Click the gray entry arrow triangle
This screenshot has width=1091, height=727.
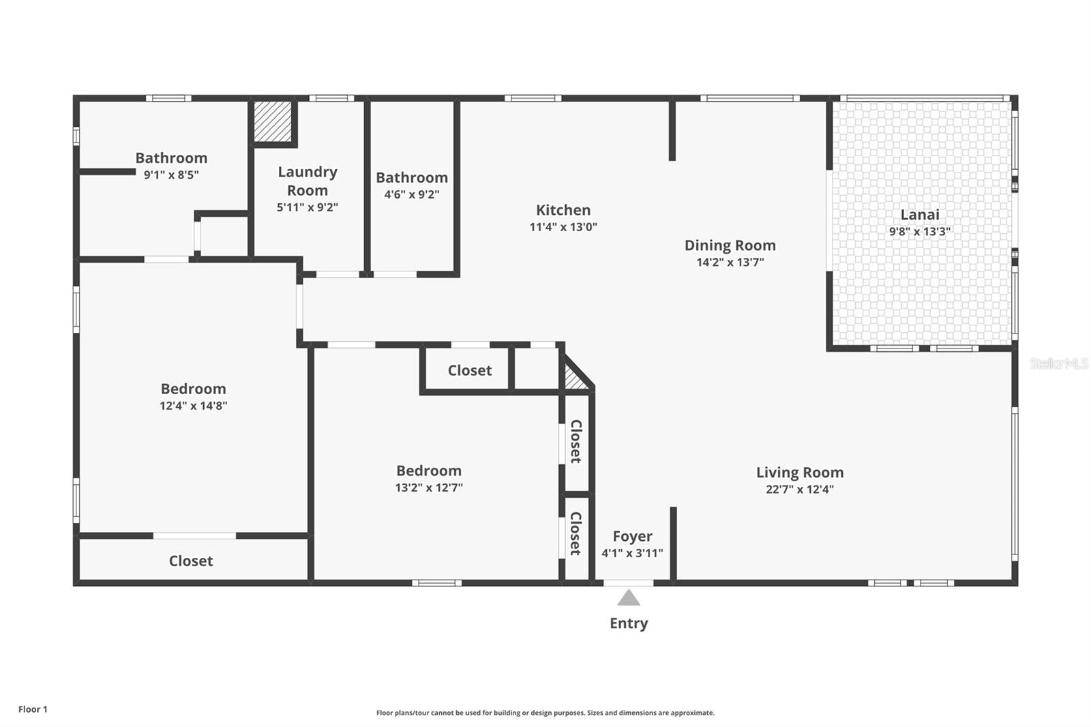coord(629,599)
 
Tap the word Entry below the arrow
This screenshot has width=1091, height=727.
coord(629,623)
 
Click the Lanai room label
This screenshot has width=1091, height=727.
coord(919,215)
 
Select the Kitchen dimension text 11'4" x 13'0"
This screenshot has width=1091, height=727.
coord(563,227)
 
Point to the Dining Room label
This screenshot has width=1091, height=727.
coord(730,246)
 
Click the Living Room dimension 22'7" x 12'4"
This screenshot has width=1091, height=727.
coord(799,489)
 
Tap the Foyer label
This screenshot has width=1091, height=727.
coord(632,536)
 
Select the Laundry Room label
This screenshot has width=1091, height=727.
coord(308,181)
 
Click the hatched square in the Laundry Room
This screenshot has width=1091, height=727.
coord(273,121)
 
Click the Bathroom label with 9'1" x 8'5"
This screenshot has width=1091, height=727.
coord(171,158)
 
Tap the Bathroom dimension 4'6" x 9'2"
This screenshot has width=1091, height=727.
coord(412,194)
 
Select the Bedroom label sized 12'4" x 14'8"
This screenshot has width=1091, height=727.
coord(193,389)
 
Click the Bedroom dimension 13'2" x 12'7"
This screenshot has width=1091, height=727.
coord(429,488)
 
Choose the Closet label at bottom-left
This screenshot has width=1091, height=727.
coord(191,561)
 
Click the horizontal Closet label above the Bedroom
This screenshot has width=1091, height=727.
coord(469,370)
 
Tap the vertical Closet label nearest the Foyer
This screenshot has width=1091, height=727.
coord(576,533)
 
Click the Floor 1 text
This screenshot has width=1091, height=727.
coord(33,709)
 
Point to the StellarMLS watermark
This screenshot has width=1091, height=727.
coord(1058,364)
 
